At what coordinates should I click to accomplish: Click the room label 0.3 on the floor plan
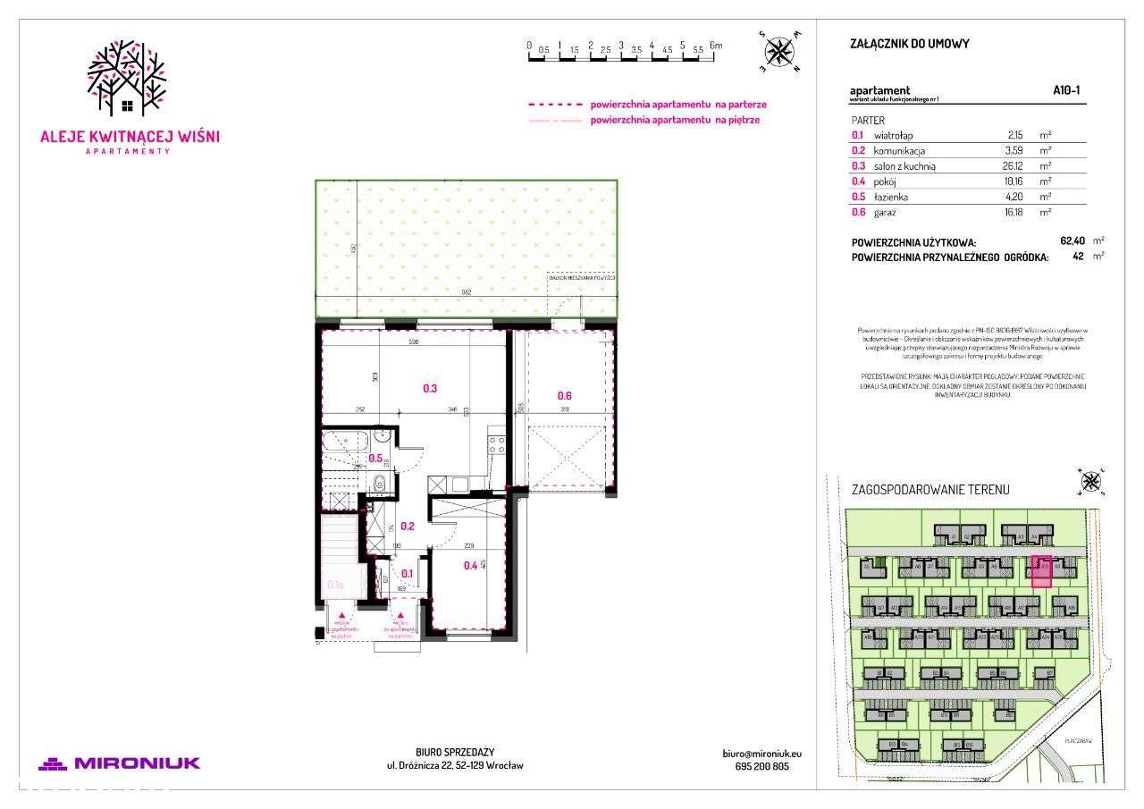(429, 389)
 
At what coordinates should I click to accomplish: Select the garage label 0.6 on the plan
(565, 396)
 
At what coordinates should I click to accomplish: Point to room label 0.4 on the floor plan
(470, 564)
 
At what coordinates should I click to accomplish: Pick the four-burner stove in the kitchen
(496, 444)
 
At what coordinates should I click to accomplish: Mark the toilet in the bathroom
(378, 484)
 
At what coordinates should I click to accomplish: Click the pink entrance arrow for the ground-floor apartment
(402, 616)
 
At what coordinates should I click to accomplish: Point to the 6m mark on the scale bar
(715, 45)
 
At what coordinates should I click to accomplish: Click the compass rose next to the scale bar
(780, 51)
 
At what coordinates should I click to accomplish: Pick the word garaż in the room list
(886, 212)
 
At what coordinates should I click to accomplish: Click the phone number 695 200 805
(755, 766)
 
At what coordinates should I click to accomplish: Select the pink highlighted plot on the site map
(1041, 571)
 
